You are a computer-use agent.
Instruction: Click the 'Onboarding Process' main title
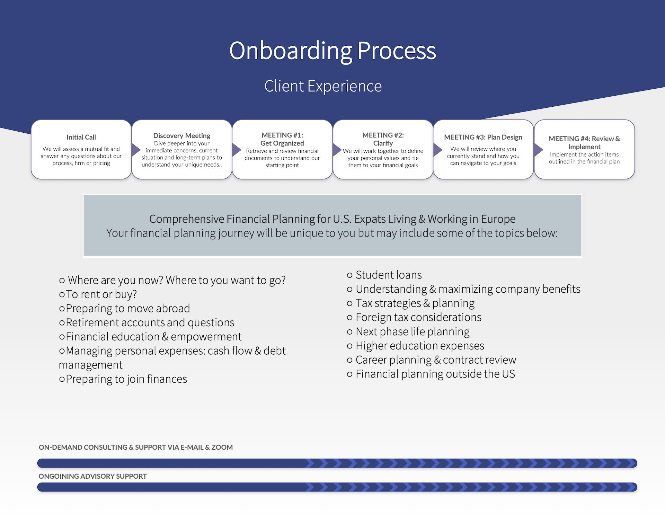click(332, 51)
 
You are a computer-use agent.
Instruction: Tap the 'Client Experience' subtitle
click(323, 86)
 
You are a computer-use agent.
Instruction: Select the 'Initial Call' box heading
click(81, 137)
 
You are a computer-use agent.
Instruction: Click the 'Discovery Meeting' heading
click(182, 135)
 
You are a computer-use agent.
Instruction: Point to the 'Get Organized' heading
click(282, 143)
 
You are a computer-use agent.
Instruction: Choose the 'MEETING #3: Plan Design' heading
click(483, 137)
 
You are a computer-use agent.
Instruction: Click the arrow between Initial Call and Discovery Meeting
click(135, 150)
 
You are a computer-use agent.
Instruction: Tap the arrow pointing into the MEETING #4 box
click(538, 150)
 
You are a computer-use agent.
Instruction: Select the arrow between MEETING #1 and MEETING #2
click(337, 150)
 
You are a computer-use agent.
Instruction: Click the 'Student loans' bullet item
click(389, 275)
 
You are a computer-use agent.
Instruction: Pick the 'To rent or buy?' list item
click(101, 294)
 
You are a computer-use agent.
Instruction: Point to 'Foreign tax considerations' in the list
click(418, 317)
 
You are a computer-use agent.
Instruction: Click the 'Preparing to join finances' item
click(126, 379)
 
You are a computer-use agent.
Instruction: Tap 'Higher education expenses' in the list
click(420, 346)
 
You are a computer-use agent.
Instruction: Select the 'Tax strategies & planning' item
click(415, 303)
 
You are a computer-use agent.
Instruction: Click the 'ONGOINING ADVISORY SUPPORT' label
click(92, 476)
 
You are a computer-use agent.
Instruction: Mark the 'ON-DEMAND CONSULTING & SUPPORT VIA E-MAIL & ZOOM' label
click(135, 447)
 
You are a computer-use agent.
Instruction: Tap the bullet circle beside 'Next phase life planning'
click(349, 332)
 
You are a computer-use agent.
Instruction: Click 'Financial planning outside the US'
click(435, 374)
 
